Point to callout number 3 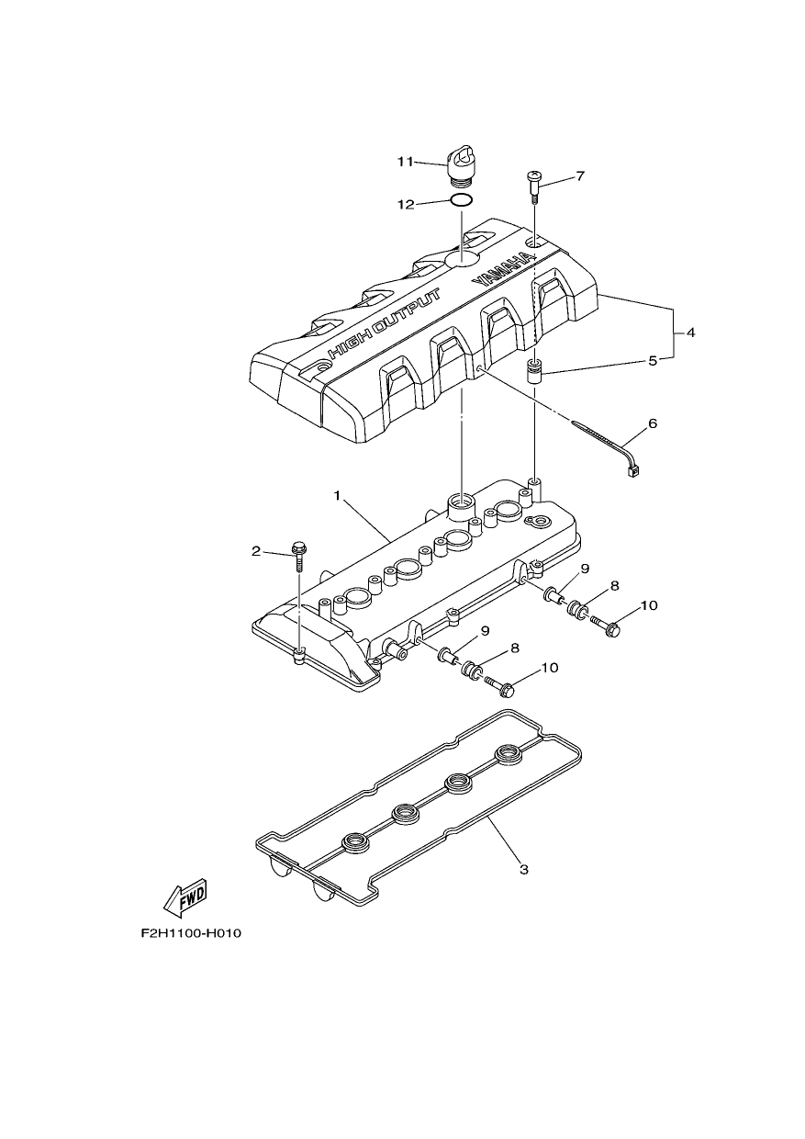(524, 870)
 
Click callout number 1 (336, 495)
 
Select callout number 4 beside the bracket (689, 333)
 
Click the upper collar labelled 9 (553, 595)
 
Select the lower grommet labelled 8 (470, 670)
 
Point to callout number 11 (406, 162)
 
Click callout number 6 (653, 423)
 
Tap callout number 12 (406, 204)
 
